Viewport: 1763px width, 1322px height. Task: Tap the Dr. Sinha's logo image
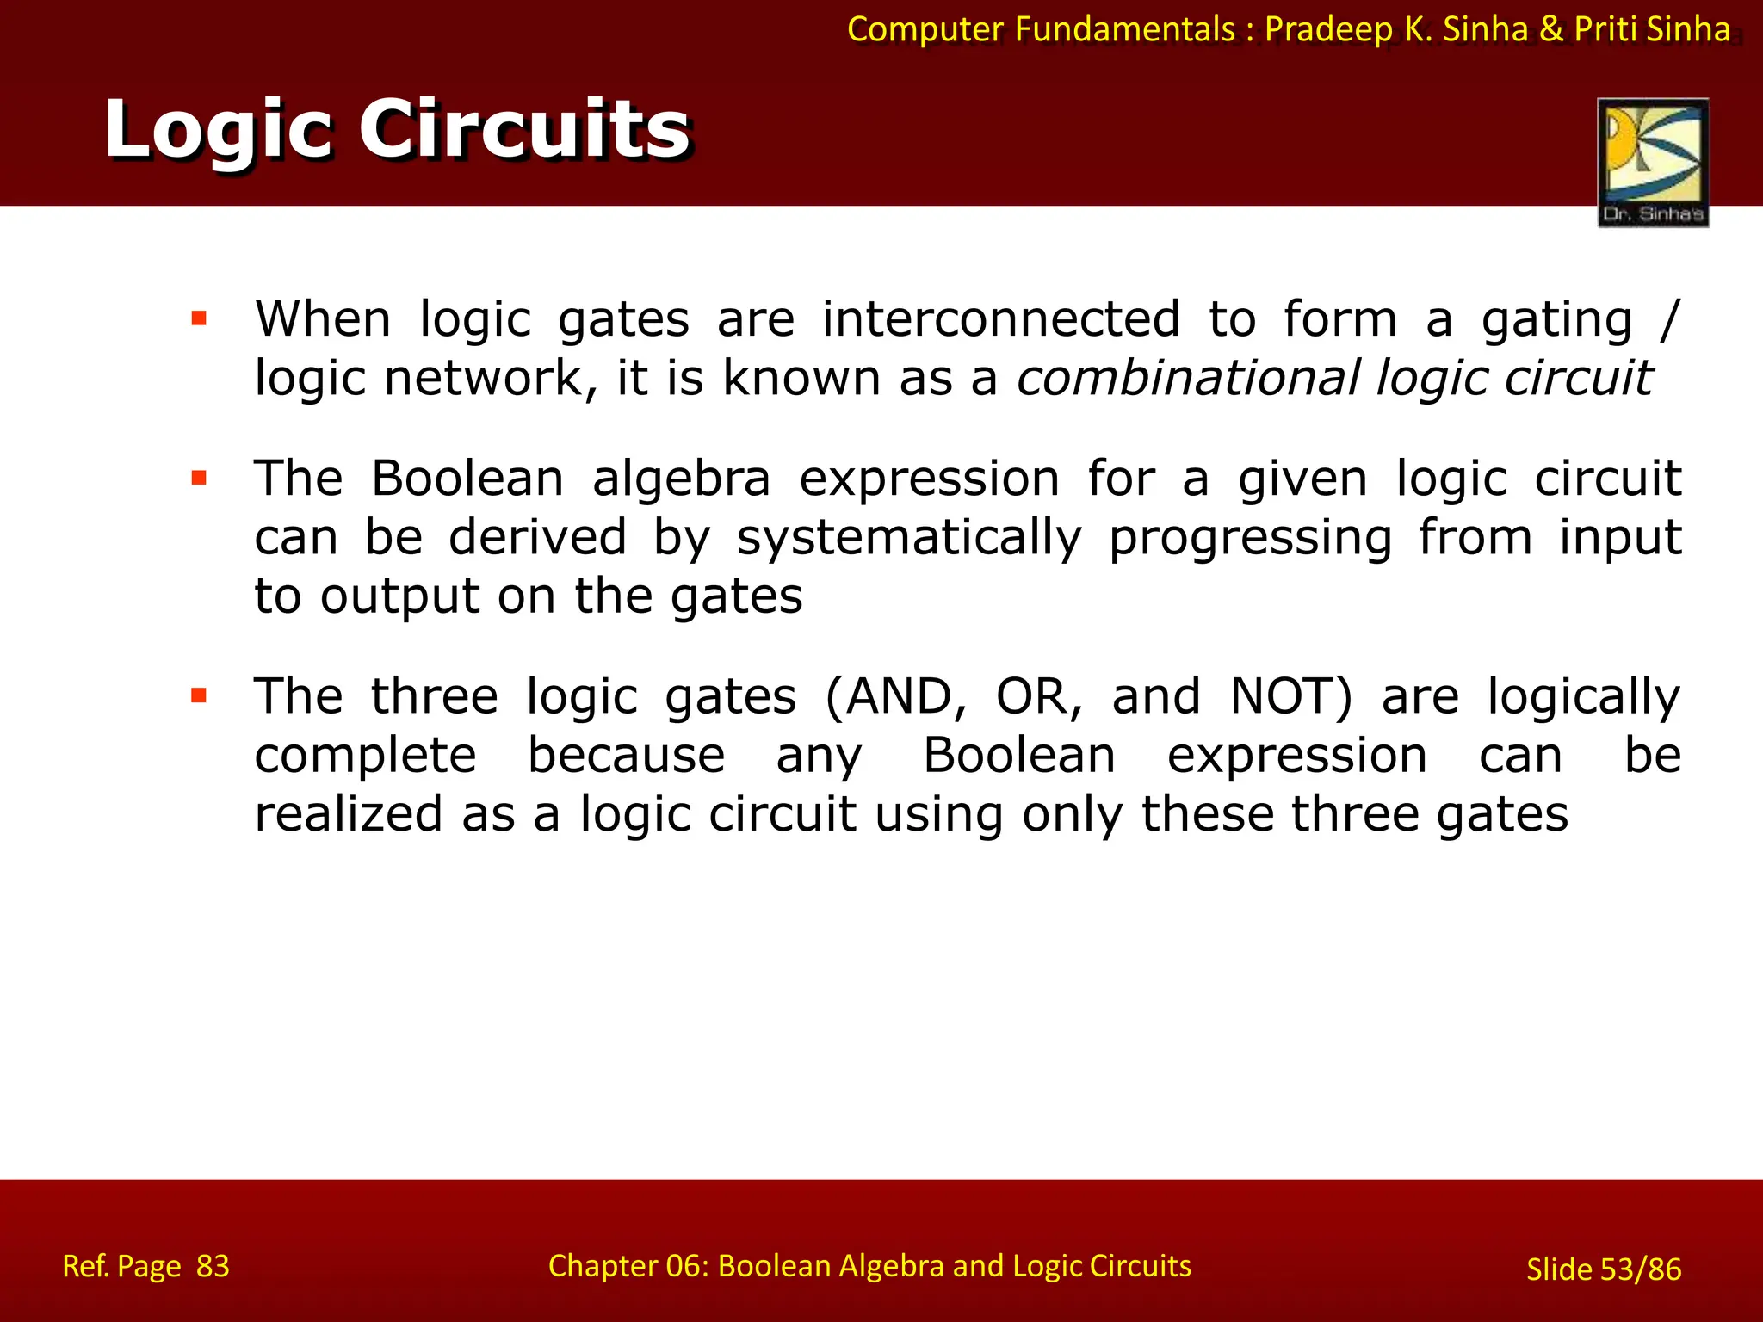tap(1653, 163)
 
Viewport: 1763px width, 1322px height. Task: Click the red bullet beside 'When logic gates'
tap(200, 319)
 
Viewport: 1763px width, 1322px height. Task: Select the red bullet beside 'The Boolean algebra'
tap(200, 479)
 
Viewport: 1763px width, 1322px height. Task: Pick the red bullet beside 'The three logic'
tap(200, 695)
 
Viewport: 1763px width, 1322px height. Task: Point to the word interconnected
tap(1000, 319)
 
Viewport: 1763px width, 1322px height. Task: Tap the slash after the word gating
tap(1668, 319)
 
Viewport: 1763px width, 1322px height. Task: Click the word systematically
tap(909, 538)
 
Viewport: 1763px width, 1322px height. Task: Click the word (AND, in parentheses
tap(895, 696)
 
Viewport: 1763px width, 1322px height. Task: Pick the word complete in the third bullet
tap(365, 756)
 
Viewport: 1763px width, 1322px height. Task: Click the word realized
tap(349, 813)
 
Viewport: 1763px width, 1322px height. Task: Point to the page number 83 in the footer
tap(213, 1266)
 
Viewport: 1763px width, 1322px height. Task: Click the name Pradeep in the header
tap(1328, 29)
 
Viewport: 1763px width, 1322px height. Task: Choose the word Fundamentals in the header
tap(1124, 29)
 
